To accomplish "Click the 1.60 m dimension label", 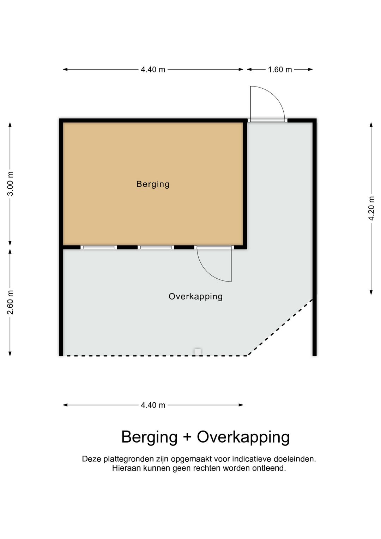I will click(280, 70).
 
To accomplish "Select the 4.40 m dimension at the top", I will click(153, 70).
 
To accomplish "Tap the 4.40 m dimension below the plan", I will click(153, 405).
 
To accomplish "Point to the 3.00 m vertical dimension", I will click(11, 184).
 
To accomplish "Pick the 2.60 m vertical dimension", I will click(11, 302).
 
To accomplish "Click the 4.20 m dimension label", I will click(371, 208).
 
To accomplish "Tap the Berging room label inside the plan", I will click(153, 184).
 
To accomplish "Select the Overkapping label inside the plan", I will click(195, 296).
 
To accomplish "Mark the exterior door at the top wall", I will click(267, 120).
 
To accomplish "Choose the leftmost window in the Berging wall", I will click(99, 247).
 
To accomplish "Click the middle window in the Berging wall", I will click(156, 247).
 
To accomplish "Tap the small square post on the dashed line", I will click(198, 352).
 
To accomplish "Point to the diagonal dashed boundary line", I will click(280, 327).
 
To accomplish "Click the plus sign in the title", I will click(187, 437).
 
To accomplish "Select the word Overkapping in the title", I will click(243, 437).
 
